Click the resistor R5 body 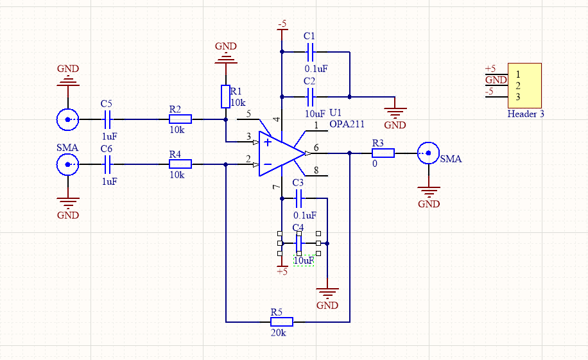click(x=281, y=321)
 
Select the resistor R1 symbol click(x=225, y=96)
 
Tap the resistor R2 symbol click(x=180, y=119)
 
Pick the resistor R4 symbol click(x=180, y=164)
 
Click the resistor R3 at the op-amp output click(x=383, y=153)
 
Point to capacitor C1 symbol click(x=311, y=51)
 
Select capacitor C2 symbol click(x=311, y=97)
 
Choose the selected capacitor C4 click(x=298, y=244)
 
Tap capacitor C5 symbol click(x=107, y=119)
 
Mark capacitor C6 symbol click(x=107, y=164)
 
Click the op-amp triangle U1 click(x=279, y=153)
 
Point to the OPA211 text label click(x=347, y=124)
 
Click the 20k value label click(x=279, y=333)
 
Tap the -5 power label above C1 click(x=281, y=24)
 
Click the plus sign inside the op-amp click(x=267, y=141)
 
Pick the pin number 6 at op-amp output click(x=315, y=147)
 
